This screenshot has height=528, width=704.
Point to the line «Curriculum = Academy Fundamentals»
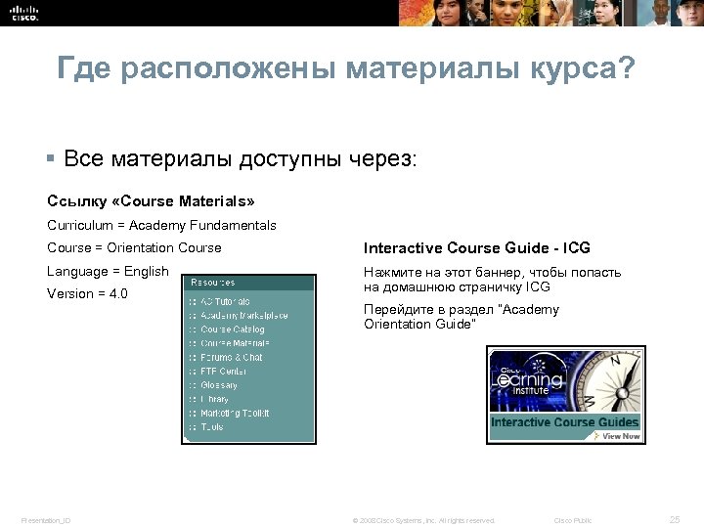click(161, 225)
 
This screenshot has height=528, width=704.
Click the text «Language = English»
click(108, 271)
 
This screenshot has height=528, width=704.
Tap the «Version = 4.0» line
click(87, 293)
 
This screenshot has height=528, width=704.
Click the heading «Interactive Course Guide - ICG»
click(477, 248)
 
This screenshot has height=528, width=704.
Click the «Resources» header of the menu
click(212, 283)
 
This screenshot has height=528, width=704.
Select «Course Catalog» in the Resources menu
click(233, 330)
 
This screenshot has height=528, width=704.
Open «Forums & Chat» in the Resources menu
click(232, 358)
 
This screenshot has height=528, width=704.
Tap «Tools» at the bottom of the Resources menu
click(212, 426)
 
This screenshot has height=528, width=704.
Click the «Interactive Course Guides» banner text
click(564, 422)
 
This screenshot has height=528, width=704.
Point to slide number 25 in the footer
click(674, 519)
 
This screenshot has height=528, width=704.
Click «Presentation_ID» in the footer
click(46, 520)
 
